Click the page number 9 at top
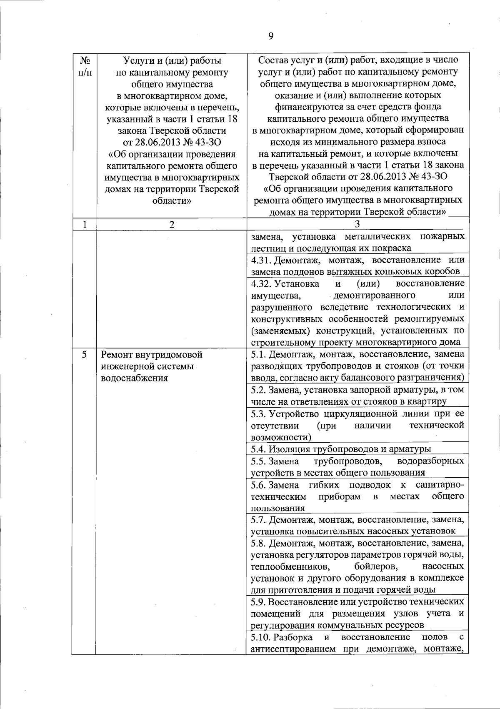click(270, 36)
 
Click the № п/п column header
click(85, 66)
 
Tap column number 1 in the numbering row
click(85, 225)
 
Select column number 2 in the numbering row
click(172, 225)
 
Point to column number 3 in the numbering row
click(357, 224)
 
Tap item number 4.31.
click(261, 260)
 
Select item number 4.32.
click(261, 284)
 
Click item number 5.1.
click(259, 355)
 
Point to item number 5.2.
click(259, 390)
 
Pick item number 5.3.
click(259, 414)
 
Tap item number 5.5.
click(259, 461)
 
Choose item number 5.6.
click(259, 485)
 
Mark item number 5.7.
click(259, 520)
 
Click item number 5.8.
click(259, 544)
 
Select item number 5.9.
click(259, 602)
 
